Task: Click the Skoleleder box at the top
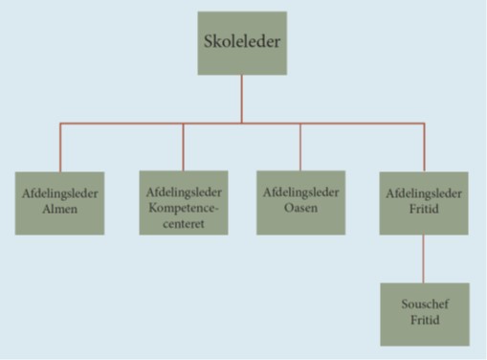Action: [242, 43]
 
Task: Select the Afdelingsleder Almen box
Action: [59, 203]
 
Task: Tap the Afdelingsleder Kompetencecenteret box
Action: [184, 203]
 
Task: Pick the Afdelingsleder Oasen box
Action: [300, 203]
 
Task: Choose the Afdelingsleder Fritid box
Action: [424, 203]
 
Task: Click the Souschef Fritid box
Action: [424, 314]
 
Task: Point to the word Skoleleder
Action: [242, 44]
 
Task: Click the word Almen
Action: [59, 210]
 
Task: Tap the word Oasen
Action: [300, 210]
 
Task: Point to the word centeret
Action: [184, 225]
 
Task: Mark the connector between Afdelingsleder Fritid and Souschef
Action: [424, 259]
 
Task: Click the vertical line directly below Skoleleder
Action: [242, 99]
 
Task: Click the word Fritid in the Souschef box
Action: [424, 323]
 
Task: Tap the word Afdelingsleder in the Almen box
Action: [59, 193]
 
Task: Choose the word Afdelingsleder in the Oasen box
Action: [300, 193]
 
